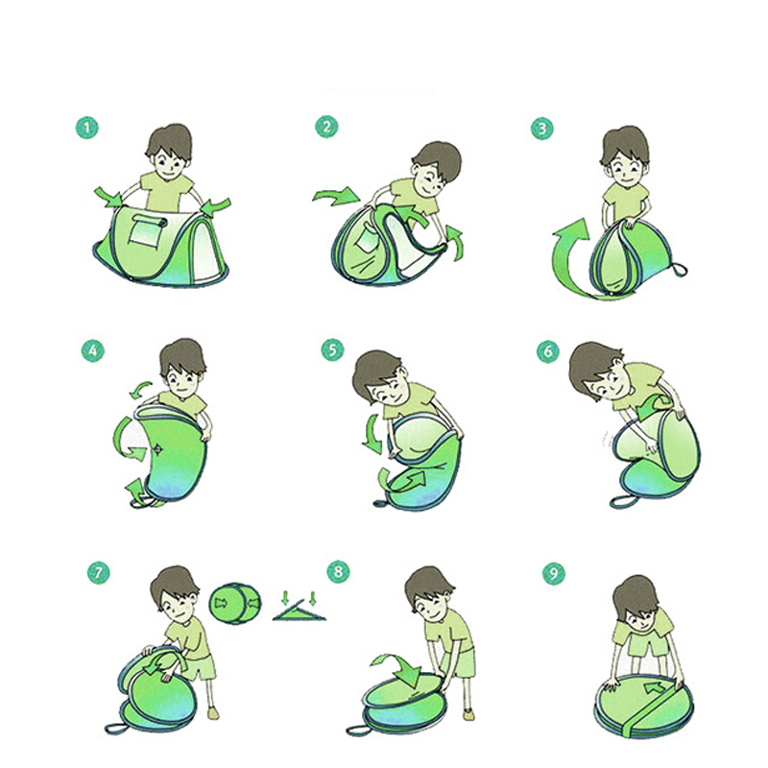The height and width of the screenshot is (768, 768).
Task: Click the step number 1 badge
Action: [87, 128]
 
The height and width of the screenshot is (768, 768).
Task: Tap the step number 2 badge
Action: [326, 127]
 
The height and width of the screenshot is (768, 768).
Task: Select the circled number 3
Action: [542, 128]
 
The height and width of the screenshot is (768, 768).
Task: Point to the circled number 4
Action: [93, 350]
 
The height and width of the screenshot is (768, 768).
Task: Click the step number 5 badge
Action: [333, 349]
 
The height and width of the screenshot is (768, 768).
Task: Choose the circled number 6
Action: [548, 350]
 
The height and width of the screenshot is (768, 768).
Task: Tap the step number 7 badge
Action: [99, 572]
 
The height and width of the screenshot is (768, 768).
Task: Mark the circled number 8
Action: [339, 571]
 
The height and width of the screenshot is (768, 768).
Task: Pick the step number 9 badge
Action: [554, 573]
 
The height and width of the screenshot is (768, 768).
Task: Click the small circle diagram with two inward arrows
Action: [235, 603]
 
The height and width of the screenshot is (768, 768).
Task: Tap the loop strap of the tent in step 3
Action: [679, 270]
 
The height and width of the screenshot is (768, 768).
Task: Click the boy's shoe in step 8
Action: [468, 714]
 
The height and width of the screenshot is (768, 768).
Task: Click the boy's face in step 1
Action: [168, 163]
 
